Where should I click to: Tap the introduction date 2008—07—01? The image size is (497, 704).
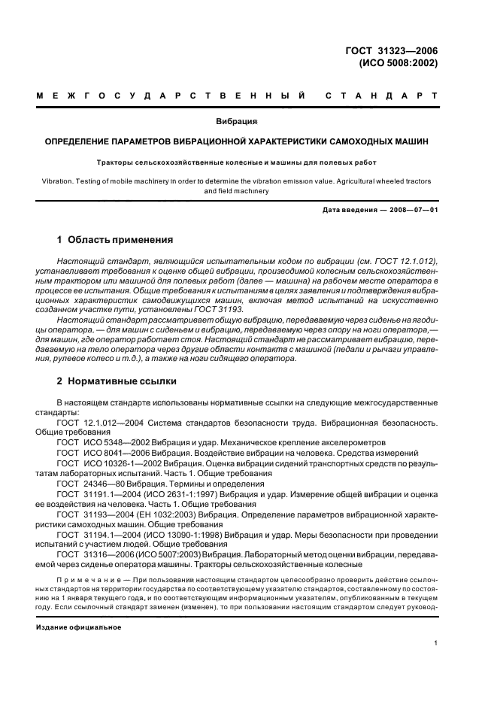[x=412, y=210]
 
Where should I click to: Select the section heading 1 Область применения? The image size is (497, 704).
[x=115, y=241]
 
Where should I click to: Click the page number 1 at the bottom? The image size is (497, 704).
[x=436, y=643]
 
